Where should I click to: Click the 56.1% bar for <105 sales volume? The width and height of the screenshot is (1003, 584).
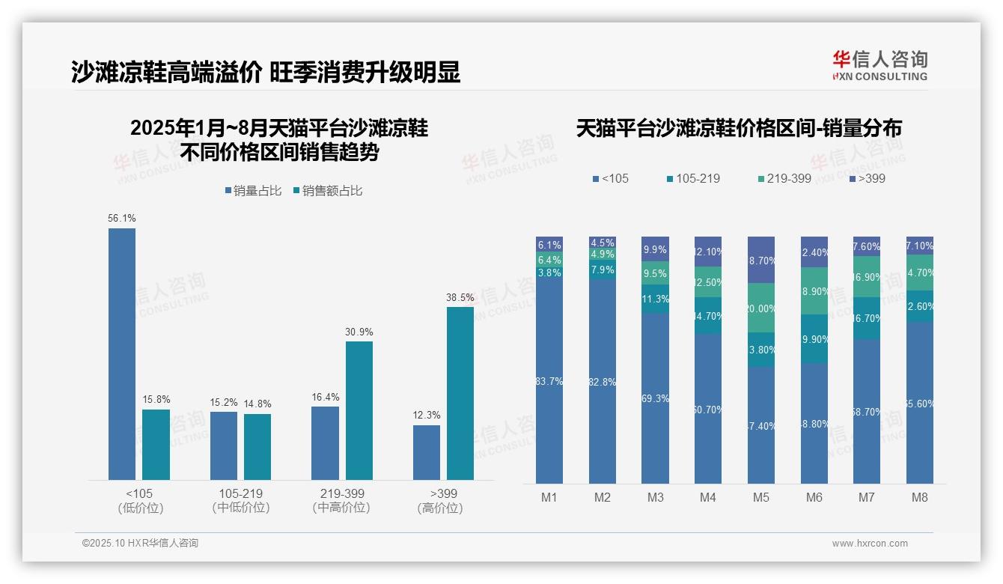pos(122,353)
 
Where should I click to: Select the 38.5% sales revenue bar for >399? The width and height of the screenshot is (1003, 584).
pos(460,393)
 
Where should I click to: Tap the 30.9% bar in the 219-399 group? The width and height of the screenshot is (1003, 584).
pos(359,410)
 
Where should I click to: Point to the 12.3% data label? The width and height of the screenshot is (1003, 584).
pos(427,415)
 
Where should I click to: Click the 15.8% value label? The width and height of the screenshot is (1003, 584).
pos(156,399)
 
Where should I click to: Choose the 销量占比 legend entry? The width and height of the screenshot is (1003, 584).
pos(253,191)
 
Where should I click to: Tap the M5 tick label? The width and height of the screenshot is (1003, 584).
pos(761,498)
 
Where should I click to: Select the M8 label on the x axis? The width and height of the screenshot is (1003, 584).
pos(920,498)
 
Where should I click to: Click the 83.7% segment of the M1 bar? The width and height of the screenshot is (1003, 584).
pos(549,382)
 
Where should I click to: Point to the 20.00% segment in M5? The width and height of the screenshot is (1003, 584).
pos(761,308)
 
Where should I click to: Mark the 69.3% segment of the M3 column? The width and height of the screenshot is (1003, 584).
pos(655,398)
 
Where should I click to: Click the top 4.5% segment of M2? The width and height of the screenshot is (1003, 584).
pos(603,243)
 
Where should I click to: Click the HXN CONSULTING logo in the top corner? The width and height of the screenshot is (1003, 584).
pos(879,65)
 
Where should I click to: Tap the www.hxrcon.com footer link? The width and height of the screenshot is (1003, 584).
pos(870,544)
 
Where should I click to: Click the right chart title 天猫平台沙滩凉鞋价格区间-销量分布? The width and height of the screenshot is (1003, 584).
pos(739,128)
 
